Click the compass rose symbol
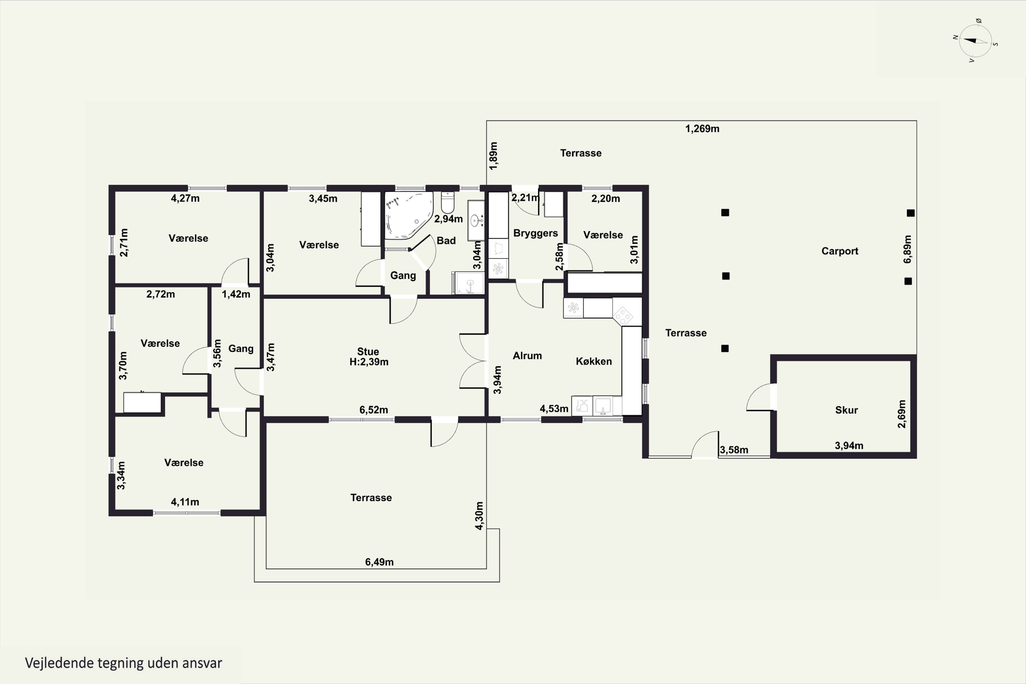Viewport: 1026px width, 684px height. click(975, 41)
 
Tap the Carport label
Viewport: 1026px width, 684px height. click(840, 251)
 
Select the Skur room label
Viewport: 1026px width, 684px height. click(846, 410)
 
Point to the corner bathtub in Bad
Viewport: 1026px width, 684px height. click(408, 215)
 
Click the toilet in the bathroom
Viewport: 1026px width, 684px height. click(448, 202)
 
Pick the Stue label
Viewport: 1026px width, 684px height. click(368, 352)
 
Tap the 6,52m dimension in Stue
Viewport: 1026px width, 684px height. click(374, 410)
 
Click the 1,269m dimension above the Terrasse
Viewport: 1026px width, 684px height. click(702, 129)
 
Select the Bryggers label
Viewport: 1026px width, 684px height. click(536, 233)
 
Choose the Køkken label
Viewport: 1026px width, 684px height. click(594, 361)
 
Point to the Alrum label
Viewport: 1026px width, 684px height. click(527, 356)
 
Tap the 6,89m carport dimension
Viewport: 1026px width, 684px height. click(908, 249)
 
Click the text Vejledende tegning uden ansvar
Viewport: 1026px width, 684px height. click(123, 663)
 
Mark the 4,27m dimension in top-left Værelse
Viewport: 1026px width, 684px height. click(185, 198)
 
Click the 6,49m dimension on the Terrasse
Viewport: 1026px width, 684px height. click(380, 562)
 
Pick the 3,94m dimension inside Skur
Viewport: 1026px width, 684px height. click(849, 446)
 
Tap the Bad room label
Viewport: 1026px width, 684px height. click(446, 241)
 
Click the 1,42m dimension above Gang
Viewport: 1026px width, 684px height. click(236, 294)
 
